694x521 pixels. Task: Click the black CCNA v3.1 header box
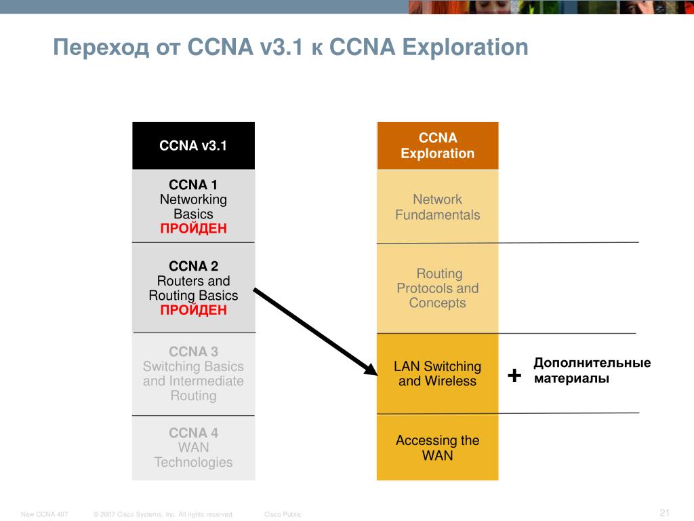pos(193,146)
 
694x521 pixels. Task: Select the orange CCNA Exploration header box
pos(437,146)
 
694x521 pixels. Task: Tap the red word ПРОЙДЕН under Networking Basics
pos(193,229)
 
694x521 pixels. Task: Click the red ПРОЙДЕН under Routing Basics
pos(193,310)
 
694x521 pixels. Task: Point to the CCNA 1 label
pos(193,185)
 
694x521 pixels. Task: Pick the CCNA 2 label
pos(193,266)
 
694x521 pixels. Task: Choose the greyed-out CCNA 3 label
pos(193,351)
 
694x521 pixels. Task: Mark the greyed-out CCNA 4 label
pos(193,433)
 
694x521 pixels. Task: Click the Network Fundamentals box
pos(437,207)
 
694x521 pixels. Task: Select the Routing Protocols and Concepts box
pos(437,288)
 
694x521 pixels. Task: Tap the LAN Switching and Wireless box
pos(437,374)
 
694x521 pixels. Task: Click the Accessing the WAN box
pos(437,448)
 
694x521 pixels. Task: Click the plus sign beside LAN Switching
pos(514,374)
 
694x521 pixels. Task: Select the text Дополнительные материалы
pos(592,370)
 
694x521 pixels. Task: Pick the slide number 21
pos(664,512)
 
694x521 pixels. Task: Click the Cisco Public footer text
pos(283,514)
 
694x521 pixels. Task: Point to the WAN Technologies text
pos(193,455)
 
